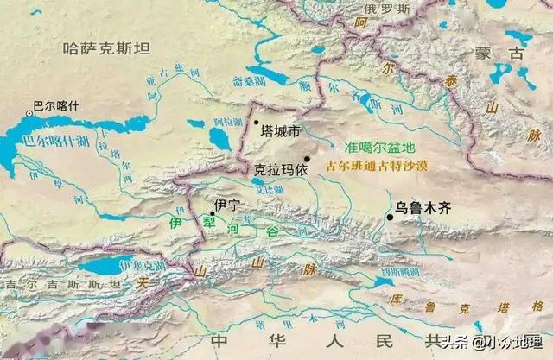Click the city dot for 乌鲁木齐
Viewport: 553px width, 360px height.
391,217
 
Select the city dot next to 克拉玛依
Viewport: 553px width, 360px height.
307,158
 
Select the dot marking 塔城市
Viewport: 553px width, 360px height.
256,122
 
